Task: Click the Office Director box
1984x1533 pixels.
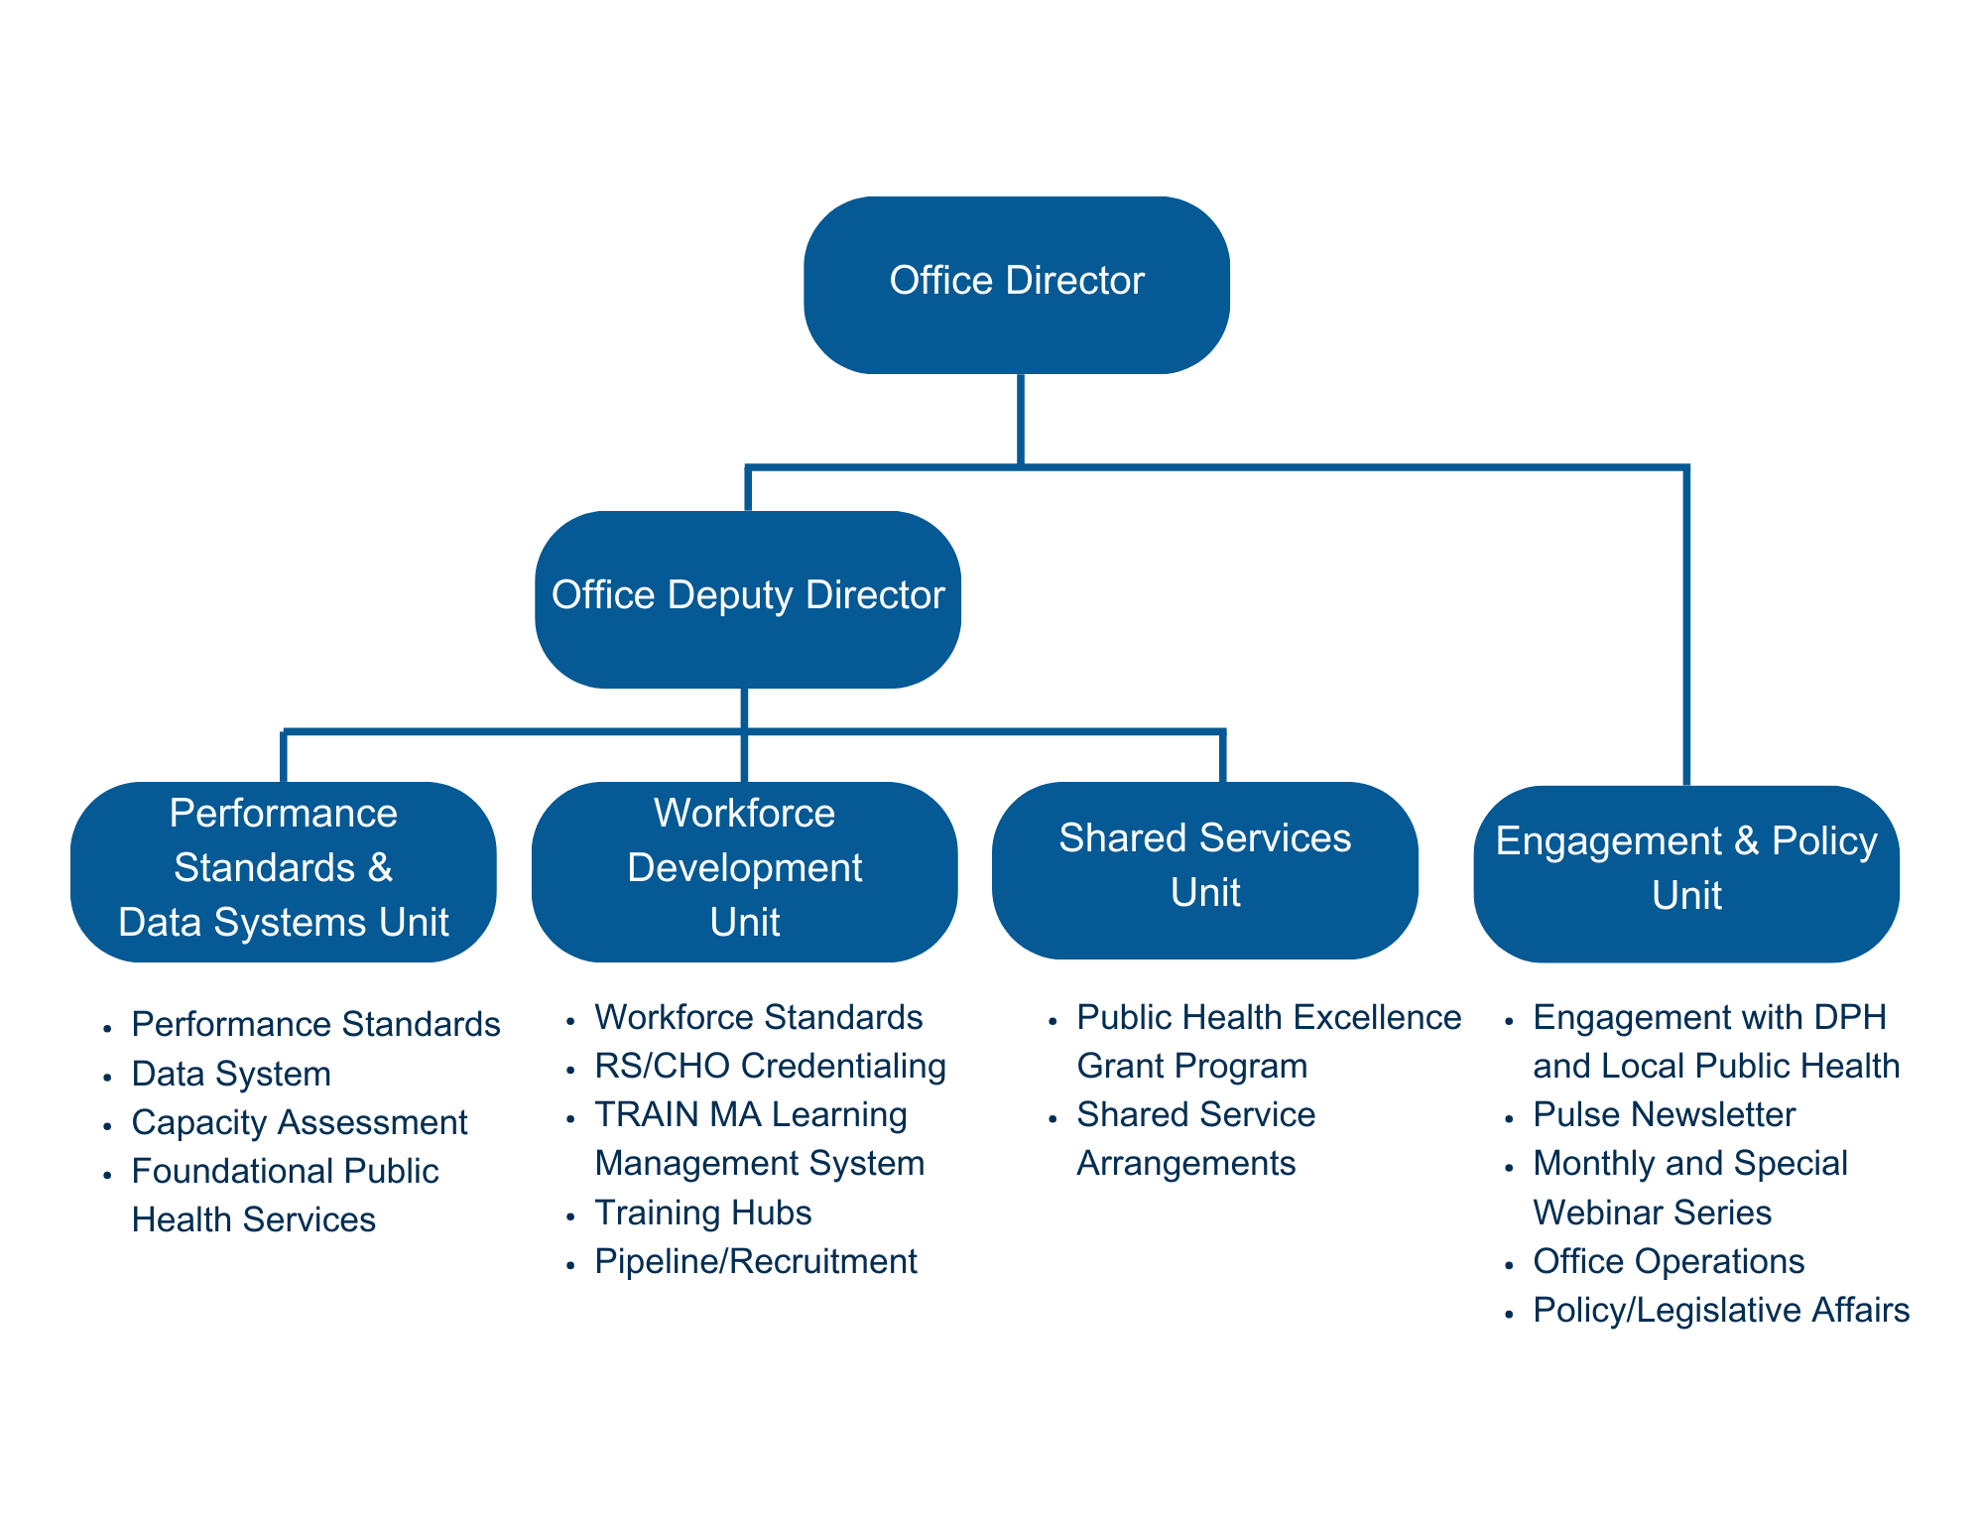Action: [x=1016, y=285]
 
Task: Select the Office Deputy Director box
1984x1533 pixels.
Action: [x=747, y=598]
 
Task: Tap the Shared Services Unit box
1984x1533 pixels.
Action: [x=1204, y=869]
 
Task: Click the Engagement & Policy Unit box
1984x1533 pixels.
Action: [x=1685, y=872]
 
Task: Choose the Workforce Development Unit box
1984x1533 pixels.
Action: [x=744, y=870]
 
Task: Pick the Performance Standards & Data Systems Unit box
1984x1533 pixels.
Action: [x=283, y=870]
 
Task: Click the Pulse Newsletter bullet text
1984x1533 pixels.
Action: [x=1664, y=1114]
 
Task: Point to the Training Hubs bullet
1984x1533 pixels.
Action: [x=702, y=1213]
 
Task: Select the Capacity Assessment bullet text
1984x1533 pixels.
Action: [x=299, y=1122]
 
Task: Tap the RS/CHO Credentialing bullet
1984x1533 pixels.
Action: [x=770, y=1066]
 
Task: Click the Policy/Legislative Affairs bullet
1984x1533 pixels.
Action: [x=1720, y=1310]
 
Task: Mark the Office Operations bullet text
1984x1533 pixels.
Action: [x=1668, y=1261]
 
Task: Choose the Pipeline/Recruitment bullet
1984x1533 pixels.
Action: [x=755, y=1261]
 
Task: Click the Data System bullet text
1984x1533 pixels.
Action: [x=230, y=1074]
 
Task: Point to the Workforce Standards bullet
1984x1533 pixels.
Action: [x=758, y=1017]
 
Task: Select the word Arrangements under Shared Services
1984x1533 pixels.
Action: [x=1185, y=1163]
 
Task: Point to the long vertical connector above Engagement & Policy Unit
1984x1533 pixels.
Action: [x=1685, y=625]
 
